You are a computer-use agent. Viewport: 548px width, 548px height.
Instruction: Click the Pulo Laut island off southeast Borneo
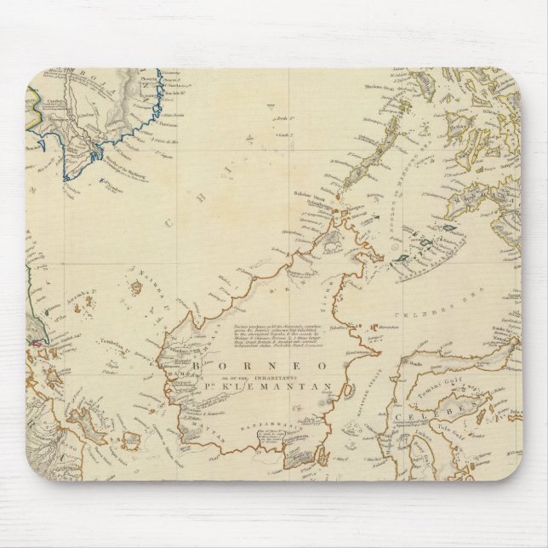click(x=323, y=456)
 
